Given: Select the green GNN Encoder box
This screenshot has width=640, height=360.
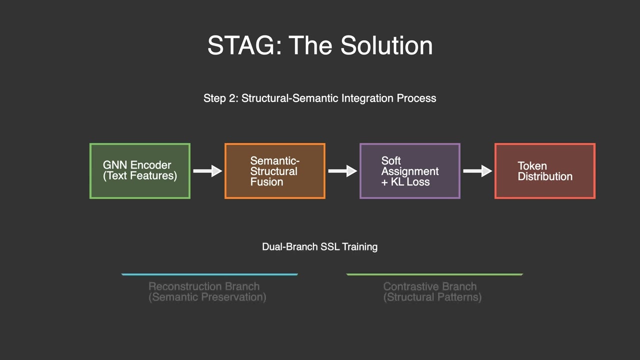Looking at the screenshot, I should point(140,171).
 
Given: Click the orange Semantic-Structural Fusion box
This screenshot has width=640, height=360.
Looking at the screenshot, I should point(275,171).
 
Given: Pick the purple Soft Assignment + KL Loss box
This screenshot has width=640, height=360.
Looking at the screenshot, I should point(410,171).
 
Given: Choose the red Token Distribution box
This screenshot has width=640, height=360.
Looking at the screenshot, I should point(545,171).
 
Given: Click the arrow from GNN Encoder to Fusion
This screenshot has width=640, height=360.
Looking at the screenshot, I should point(207,171).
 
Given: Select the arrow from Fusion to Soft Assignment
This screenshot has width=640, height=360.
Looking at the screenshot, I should point(342,171).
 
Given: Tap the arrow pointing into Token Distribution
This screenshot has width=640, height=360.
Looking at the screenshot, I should point(477,171).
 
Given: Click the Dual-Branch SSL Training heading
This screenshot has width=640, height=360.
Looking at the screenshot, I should point(319,246).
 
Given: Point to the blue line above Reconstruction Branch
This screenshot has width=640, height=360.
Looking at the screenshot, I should point(209,274).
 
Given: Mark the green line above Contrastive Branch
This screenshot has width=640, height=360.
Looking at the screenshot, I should point(434,274).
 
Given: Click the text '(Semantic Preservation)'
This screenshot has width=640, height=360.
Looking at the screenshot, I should point(207,297).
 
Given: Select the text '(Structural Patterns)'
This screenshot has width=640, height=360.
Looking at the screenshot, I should point(432,297).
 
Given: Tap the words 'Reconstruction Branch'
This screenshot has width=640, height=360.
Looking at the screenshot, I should point(204,286).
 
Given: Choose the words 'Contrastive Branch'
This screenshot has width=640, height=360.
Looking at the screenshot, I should point(430,286).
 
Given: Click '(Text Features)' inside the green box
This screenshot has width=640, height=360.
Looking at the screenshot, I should point(140,176).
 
